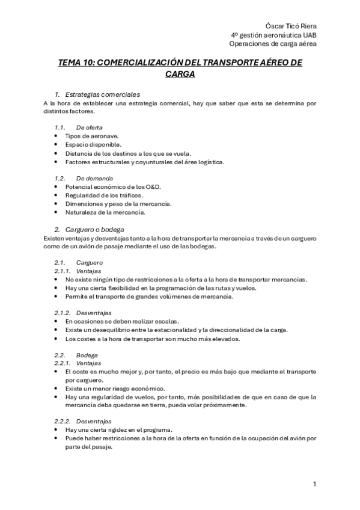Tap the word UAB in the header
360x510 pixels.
309,35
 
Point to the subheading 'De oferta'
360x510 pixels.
90,127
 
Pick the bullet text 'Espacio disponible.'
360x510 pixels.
93,145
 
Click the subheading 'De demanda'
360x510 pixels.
93,179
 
